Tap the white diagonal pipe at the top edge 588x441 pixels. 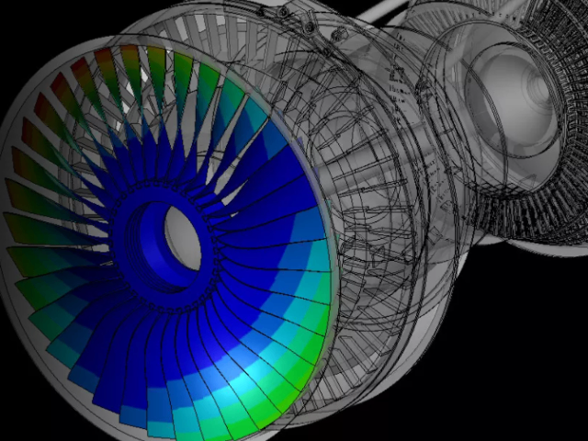point(386,11)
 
